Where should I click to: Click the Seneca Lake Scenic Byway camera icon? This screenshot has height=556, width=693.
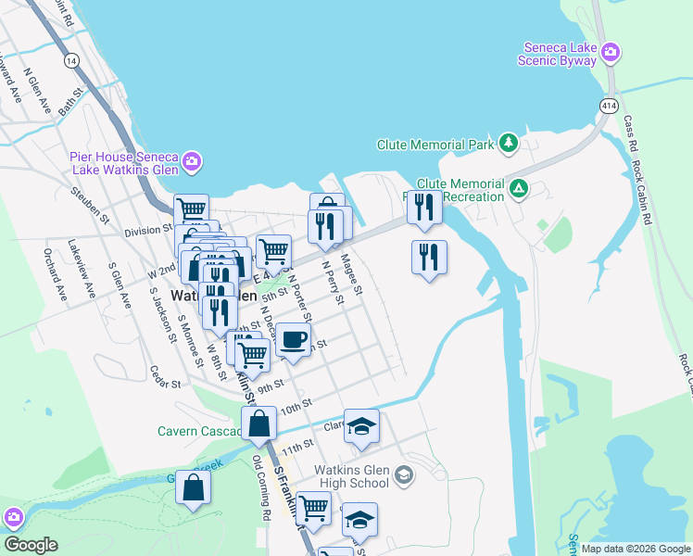[x=611, y=51]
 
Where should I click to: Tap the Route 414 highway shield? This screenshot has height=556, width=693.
[x=608, y=107]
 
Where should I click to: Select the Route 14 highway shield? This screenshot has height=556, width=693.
[x=70, y=59]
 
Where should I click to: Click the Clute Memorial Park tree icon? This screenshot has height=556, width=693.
[x=508, y=143]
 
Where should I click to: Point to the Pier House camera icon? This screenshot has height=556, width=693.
[x=192, y=162]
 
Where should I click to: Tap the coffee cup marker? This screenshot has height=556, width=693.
[x=294, y=339]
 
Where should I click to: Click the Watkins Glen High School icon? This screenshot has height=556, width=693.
[x=403, y=475]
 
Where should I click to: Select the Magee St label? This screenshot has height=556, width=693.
[x=351, y=276]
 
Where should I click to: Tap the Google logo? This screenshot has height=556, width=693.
[x=30, y=545]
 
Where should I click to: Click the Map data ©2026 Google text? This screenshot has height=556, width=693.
[x=635, y=549]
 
